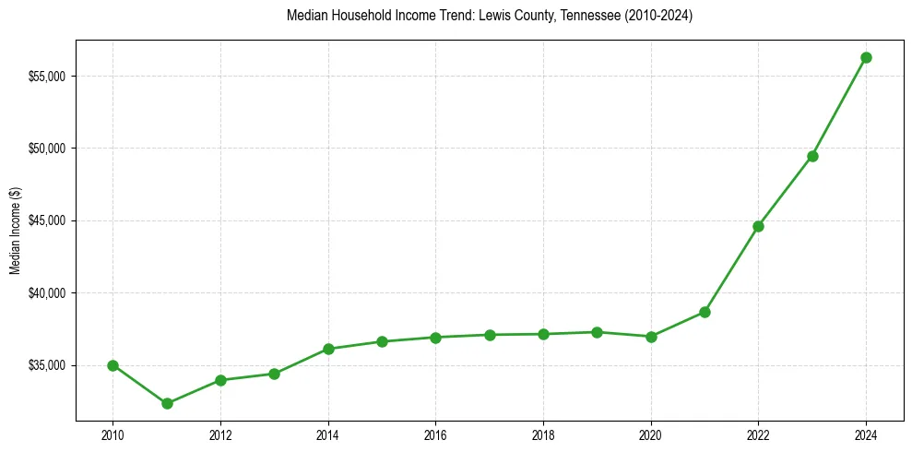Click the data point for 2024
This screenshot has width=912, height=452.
[866, 57]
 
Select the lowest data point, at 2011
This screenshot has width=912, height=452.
[167, 403]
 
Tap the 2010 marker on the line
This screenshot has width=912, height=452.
[113, 365]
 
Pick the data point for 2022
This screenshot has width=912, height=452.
[758, 226]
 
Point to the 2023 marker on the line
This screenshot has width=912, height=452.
[812, 156]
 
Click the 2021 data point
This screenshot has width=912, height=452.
[705, 312]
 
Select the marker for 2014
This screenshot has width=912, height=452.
[328, 349]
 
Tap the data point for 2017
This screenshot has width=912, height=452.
[490, 335]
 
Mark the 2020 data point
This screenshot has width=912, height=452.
[651, 337]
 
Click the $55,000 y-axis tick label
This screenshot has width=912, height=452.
[46, 76]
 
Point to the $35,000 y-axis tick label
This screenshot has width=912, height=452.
[46, 365]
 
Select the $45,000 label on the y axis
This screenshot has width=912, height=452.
[46, 220]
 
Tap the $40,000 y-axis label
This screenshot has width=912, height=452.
[46, 293]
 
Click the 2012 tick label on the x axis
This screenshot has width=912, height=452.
[220, 434]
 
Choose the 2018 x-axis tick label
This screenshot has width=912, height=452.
[543, 434]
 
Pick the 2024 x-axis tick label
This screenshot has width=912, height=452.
[866, 434]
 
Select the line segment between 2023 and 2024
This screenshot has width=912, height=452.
[839, 107]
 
